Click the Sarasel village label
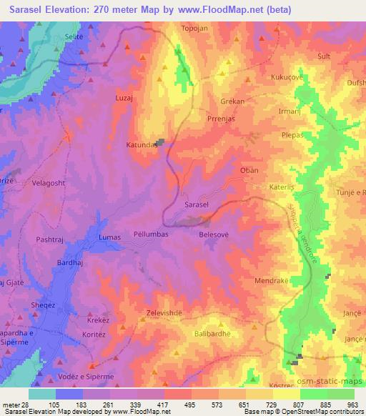coord(196,205)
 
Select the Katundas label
coord(142,144)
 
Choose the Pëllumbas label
coord(151,234)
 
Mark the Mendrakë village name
coord(271,281)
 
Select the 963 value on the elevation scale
coord(352,405)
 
